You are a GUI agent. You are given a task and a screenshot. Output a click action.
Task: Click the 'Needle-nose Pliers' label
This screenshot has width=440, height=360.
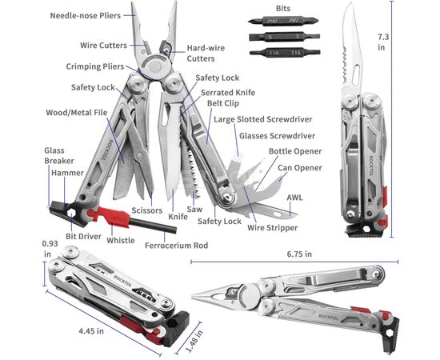coord(86,15)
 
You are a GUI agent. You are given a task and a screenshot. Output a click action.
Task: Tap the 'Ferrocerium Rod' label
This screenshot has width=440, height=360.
coord(177,246)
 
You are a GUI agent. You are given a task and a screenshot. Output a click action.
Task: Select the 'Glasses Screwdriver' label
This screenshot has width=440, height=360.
coord(277,136)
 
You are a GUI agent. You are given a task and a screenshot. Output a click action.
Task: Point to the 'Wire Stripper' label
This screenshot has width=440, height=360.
coord(272,227)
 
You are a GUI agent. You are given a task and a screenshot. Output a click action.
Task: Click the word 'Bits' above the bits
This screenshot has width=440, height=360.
coord(283,9)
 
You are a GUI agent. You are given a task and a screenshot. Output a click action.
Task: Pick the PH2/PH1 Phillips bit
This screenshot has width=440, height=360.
coord(283,21)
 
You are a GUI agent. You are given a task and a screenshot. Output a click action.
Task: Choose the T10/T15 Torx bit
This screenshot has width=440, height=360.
coord(285,52)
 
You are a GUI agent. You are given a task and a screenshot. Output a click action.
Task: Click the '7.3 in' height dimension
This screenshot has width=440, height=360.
coord(383,42)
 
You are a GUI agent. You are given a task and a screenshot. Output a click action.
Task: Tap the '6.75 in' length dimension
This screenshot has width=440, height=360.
coord(299,254)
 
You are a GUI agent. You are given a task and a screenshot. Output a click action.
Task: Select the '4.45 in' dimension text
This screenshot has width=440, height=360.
coord(91,331)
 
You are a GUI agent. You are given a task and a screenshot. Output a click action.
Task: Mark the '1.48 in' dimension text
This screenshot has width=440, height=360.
coord(194,341)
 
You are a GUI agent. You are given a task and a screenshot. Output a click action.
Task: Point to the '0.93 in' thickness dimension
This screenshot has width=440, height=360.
coord(50,249)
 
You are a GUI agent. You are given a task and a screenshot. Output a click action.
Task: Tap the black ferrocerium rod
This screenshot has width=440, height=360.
coord(153,226)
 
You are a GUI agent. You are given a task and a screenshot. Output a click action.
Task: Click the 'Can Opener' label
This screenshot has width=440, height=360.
coord(300,168)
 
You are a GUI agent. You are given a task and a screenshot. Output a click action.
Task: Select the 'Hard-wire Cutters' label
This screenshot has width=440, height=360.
coord(206,54)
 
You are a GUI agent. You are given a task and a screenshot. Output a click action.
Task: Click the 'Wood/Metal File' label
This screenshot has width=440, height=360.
coord(77,113)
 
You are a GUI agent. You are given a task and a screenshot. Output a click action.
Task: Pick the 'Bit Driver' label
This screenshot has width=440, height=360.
coord(83,236)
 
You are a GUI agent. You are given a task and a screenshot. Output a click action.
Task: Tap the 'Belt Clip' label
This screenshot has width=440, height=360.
coord(223,103)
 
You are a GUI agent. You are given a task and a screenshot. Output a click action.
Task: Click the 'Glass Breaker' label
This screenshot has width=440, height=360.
coord(59,156)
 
